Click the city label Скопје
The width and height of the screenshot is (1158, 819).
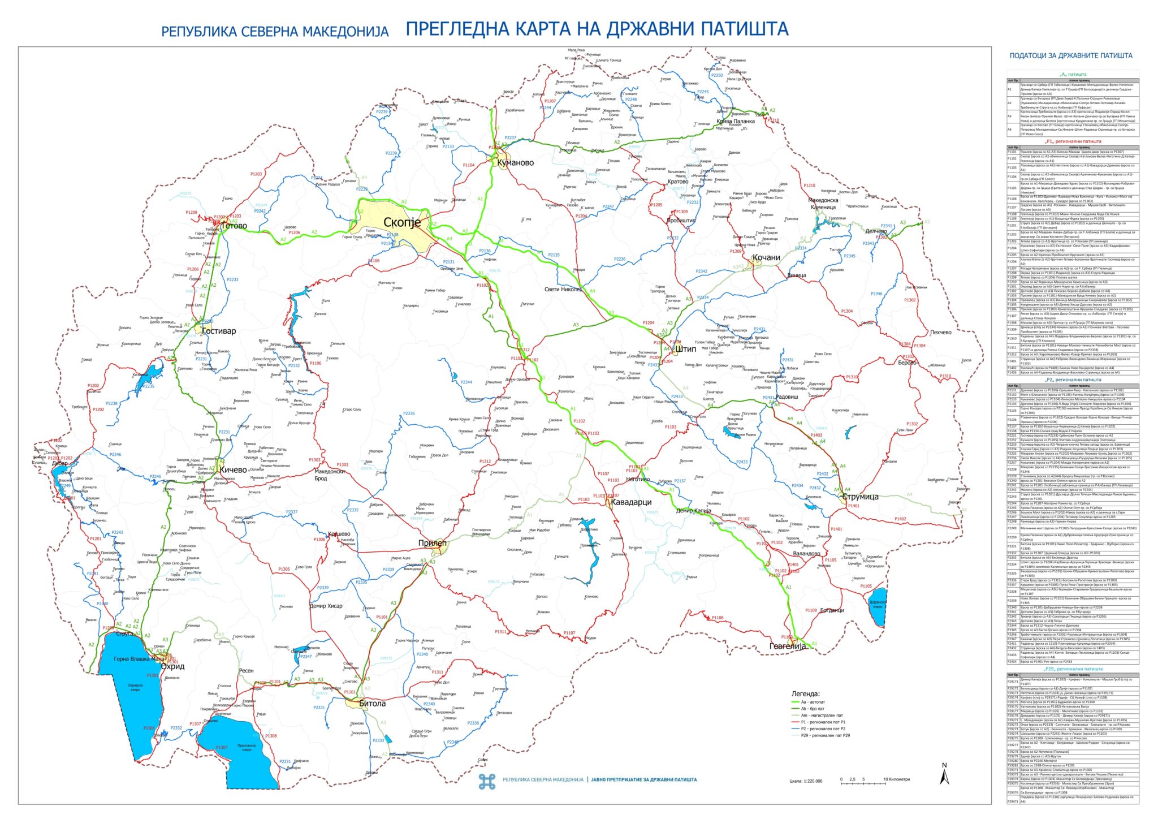pos(401,222)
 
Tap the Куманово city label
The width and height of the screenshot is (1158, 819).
pos(515,163)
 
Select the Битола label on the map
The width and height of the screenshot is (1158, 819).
pos(372,704)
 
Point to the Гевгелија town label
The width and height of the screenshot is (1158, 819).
pos(788,646)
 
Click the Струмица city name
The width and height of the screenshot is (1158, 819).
pos(860,497)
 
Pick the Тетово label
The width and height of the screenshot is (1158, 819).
pos(234,226)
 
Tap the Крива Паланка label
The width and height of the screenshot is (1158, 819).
pos(735,122)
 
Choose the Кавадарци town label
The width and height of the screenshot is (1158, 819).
pos(631,502)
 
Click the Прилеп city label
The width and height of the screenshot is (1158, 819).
pos(432,543)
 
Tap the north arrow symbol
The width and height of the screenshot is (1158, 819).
pos(944,775)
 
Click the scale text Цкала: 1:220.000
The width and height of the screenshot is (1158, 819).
pos(806,781)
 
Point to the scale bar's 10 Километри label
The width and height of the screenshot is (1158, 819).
pos(897,779)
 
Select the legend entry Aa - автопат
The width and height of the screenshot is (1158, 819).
pos(813,702)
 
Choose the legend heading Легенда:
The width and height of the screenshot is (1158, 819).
pos(805,693)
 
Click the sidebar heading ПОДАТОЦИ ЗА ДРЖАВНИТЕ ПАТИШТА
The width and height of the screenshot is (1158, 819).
pos(1071,55)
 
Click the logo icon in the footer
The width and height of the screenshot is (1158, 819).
pos(487,781)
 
